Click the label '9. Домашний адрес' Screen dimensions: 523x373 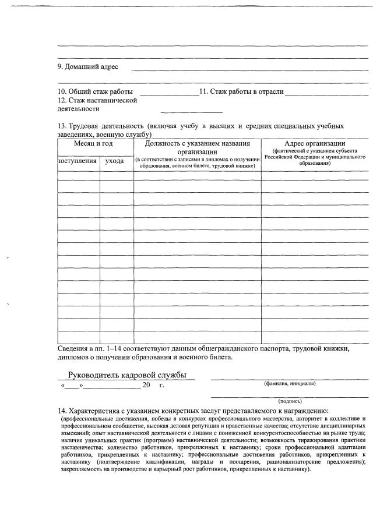87,66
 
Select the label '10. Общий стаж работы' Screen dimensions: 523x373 95,92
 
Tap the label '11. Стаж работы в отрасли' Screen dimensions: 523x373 241,92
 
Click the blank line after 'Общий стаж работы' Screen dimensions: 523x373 169,94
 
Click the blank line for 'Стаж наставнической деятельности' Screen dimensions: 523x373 192,111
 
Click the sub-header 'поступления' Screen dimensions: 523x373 78,161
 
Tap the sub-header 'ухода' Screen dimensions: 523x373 115,161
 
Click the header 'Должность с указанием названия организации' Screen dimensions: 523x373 197,147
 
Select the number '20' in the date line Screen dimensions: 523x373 146,386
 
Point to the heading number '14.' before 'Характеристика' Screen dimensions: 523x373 62,411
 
